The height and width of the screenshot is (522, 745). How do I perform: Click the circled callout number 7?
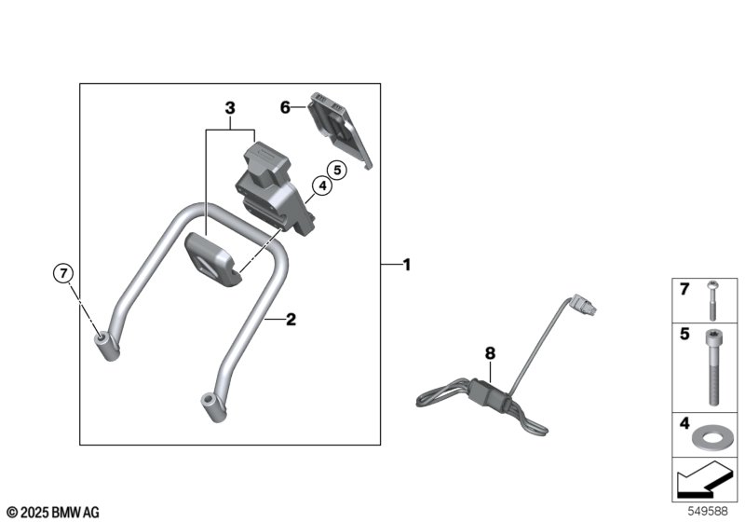[x=63, y=273]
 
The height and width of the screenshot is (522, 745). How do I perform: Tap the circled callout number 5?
[x=337, y=170]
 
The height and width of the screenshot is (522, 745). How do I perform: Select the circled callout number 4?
[x=322, y=185]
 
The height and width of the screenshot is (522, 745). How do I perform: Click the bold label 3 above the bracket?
[x=230, y=108]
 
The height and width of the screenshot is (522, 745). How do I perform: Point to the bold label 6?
[x=285, y=107]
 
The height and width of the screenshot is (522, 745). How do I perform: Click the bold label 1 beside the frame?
[x=407, y=265]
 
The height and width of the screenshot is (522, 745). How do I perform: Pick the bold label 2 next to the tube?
[x=291, y=319]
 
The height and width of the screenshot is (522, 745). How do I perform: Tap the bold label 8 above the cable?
[x=491, y=353]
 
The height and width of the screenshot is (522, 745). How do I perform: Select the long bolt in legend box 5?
[x=713, y=367]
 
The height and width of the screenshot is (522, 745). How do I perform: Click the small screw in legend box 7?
[x=712, y=300]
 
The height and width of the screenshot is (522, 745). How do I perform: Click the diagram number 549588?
[x=708, y=511]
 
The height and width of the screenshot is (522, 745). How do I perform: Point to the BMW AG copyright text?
[x=54, y=513]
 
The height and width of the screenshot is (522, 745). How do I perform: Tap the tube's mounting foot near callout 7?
[x=106, y=346]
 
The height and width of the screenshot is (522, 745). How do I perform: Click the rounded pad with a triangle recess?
[x=213, y=260]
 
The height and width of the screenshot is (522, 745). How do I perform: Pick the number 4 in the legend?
[x=684, y=423]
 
